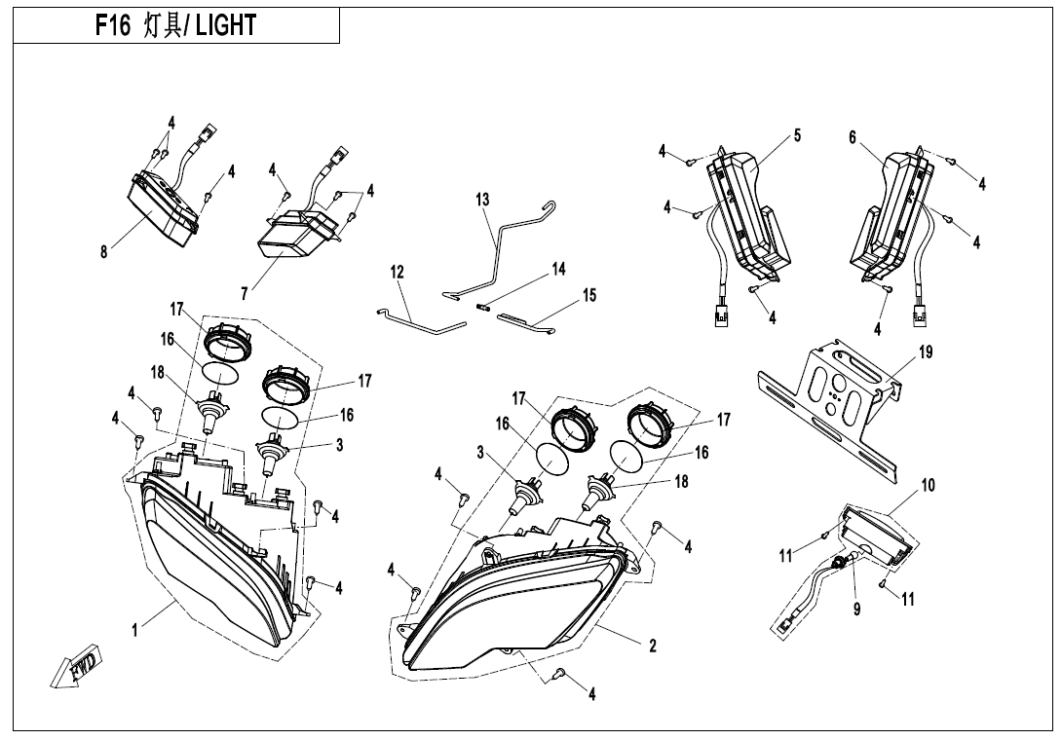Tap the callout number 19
(926, 352)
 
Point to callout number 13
(482, 199)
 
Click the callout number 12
(397, 273)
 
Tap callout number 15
(589, 295)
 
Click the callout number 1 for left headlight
(134, 631)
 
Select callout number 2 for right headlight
(652, 646)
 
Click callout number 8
(103, 252)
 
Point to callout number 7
(244, 294)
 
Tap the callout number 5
(797, 135)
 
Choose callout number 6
(853, 137)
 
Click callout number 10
(928, 485)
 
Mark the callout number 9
(856, 610)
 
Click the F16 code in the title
(112, 25)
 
